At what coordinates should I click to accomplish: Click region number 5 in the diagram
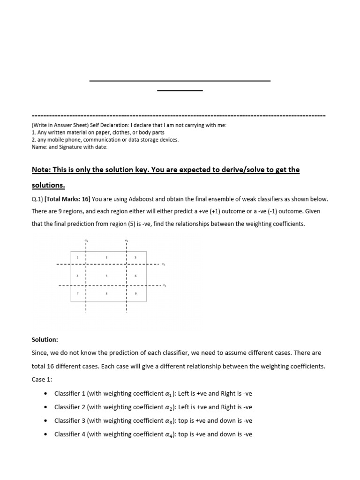pos(106,276)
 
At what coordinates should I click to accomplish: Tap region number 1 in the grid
pos(77,258)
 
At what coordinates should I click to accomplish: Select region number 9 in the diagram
pos(135,293)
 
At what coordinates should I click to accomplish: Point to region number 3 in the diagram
pos(135,258)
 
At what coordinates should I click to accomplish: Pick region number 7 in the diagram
pos(77,293)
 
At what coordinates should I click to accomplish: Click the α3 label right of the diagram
pos(163,264)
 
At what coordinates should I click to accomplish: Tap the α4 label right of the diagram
pos(164,285)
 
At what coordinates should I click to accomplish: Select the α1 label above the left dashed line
pos(86,241)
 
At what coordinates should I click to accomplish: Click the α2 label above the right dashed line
pos(126,241)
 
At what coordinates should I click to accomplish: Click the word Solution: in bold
pos(46,338)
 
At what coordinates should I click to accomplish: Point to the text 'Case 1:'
pos(42,379)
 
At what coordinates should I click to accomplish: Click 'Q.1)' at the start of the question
pos(37,199)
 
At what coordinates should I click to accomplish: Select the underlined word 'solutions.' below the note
pos(48,185)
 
